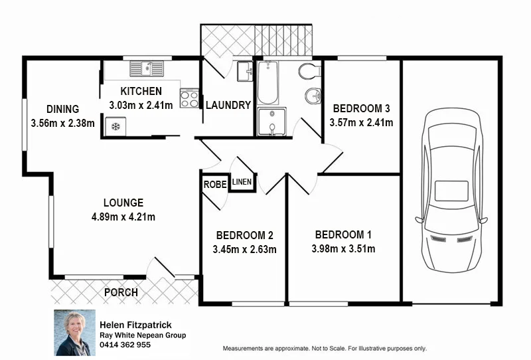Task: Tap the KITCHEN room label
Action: click(x=141, y=92)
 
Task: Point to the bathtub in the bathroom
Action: click(x=267, y=84)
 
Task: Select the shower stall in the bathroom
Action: click(x=271, y=122)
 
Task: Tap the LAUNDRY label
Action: click(x=228, y=105)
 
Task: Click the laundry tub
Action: click(x=244, y=70)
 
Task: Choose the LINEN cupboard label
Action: click(x=242, y=182)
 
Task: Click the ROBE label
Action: click(x=214, y=184)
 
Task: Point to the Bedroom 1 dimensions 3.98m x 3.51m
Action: click(x=344, y=249)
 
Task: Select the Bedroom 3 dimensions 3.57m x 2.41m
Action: click(x=361, y=122)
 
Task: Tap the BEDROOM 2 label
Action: click(x=244, y=235)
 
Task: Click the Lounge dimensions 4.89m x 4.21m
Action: click(x=123, y=216)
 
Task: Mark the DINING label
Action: click(x=63, y=109)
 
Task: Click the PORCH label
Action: click(x=121, y=292)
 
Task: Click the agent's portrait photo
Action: click(x=74, y=333)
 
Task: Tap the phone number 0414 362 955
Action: click(x=125, y=345)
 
